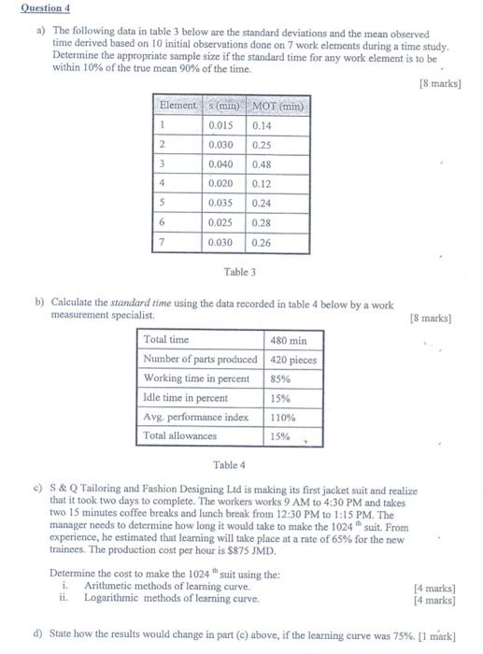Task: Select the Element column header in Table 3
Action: point(178,106)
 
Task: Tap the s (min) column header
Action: point(225,106)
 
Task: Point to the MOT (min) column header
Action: point(278,106)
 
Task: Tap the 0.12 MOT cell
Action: point(263,184)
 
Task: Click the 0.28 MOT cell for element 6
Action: point(263,222)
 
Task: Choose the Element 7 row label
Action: point(162,242)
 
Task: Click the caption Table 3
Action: point(239,272)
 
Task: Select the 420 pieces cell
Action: point(293,360)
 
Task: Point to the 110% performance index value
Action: point(282,417)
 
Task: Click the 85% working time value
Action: point(279,378)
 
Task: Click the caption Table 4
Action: point(229,464)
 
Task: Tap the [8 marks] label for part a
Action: point(440,83)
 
